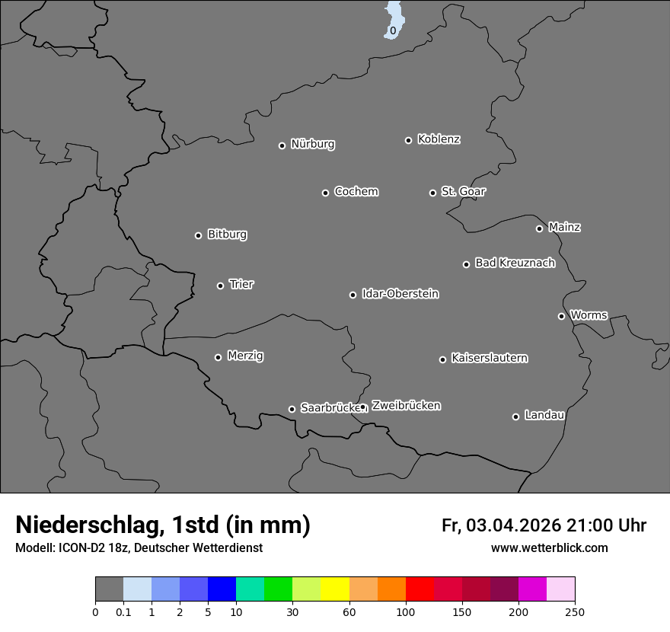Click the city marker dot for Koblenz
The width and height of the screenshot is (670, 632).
click(x=408, y=140)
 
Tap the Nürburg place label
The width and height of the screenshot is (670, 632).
click(x=313, y=144)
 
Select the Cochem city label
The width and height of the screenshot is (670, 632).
click(x=356, y=191)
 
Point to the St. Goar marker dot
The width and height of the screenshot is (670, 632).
click(x=432, y=193)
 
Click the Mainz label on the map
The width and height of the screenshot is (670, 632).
click(x=564, y=227)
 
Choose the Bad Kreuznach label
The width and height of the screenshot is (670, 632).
click(x=515, y=263)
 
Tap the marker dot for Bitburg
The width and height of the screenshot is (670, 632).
click(x=198, y=235)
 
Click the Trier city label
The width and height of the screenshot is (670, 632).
click(x=241, y=284)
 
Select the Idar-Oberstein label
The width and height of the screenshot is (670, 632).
click(x=400, y=293)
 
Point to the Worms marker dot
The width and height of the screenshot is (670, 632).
click(x=561, y=316)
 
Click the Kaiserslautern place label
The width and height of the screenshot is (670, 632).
click(x=490, y=358)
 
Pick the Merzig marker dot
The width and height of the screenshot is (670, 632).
click(x=218, y=357)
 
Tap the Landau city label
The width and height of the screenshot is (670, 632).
click(x=544, y=415)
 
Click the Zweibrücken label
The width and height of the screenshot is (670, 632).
click(x=406, y=405)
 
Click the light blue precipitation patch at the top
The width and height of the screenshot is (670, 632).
click(x=394, y=19)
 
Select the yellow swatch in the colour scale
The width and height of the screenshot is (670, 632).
click(x=335, y=589)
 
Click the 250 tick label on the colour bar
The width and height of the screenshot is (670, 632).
click(x=575, y=611)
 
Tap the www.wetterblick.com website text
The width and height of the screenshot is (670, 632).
click(x=549, y=547)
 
